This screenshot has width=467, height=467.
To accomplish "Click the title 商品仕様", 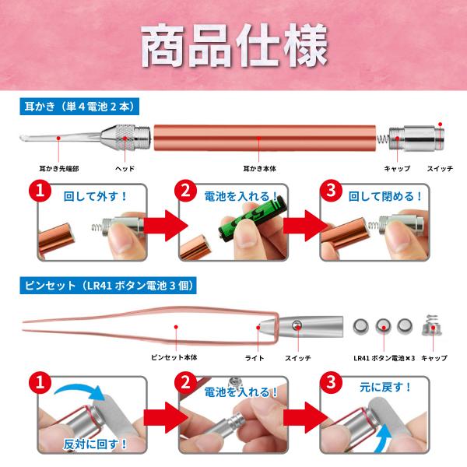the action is (234, 45).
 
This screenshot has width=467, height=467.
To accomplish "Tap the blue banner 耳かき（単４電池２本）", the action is (79, 107).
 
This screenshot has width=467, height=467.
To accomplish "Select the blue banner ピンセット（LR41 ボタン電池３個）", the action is (108, 286).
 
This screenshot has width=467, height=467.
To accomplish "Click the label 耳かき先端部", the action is (59, 169).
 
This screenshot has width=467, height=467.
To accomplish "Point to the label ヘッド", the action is (125, 169).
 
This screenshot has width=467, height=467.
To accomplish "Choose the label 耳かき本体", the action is (259, 169).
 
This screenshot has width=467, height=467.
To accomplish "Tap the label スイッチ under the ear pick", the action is (440, 169).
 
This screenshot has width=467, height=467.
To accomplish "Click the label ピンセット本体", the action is (174, 357).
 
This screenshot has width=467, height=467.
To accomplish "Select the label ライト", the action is (255, 358).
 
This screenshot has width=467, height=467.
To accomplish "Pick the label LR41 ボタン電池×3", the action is (384, 358).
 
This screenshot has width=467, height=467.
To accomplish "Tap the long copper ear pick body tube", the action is (265, 138).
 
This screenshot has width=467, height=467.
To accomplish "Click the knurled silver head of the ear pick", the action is (125, 137).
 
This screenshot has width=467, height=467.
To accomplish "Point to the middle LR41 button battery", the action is (383, 326).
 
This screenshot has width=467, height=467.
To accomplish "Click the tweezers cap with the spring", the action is (433, 325).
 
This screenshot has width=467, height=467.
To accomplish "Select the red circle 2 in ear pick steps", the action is (185, 191).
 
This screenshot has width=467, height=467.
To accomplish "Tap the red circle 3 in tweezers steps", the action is (332, 382).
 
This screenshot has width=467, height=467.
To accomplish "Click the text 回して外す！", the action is (96, 196).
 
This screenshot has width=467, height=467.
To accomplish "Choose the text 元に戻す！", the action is (385, 387).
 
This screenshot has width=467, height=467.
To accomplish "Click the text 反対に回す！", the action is (95, 444).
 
